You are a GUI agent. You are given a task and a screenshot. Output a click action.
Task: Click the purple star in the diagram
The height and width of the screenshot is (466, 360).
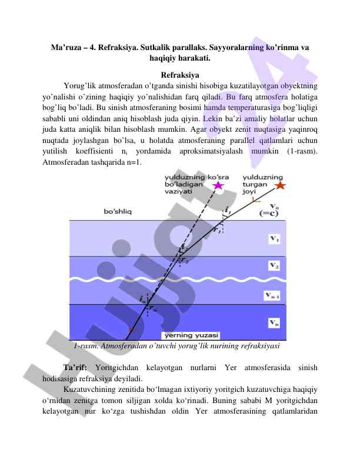[218, 185]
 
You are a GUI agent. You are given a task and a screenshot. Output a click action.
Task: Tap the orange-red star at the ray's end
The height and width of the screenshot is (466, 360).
[280, 185]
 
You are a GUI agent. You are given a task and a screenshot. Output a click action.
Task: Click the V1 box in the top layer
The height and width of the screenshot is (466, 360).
[274, 238]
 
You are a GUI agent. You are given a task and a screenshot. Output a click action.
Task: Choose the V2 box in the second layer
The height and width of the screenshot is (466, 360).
[274, 265]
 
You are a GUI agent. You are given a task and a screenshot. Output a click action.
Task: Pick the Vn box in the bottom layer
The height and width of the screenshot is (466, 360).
[274, 322]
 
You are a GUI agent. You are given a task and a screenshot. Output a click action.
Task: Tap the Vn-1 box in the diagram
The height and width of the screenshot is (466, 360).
[274, 295]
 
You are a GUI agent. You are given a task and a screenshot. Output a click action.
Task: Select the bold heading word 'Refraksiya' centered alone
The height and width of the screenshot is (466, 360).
[179, 75]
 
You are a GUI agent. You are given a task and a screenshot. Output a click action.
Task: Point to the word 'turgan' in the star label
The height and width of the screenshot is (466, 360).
[255, 184]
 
